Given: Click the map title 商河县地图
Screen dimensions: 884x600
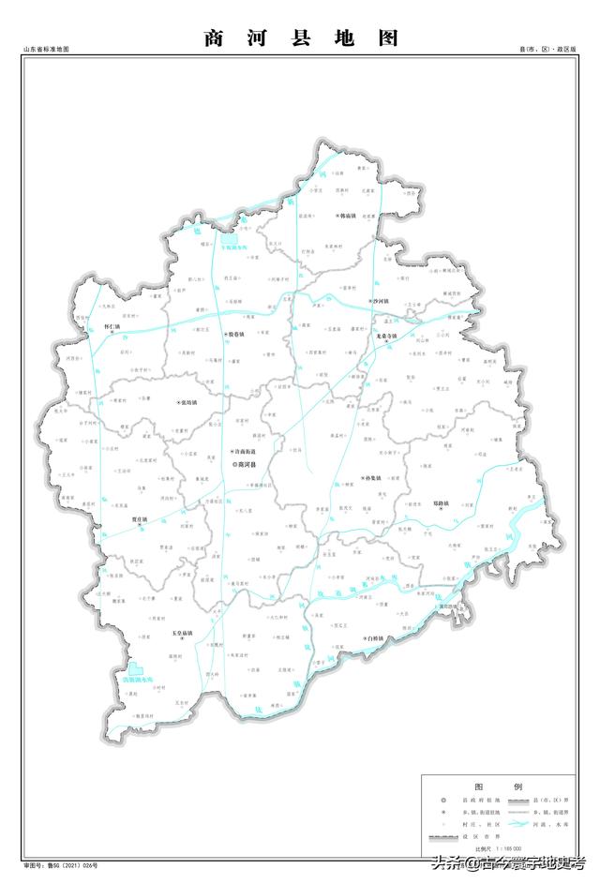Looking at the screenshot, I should (x=300, y=38).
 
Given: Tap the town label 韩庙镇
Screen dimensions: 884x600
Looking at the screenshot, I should (x=351, y=216).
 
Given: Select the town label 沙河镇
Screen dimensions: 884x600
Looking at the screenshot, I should (x=379, y=301).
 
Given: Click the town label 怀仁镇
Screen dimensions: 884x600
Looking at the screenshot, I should (x=112, y=327).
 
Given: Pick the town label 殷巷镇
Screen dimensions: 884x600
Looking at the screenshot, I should (x=233, y=334).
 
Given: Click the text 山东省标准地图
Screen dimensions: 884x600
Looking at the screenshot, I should (x=47, y=48).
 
